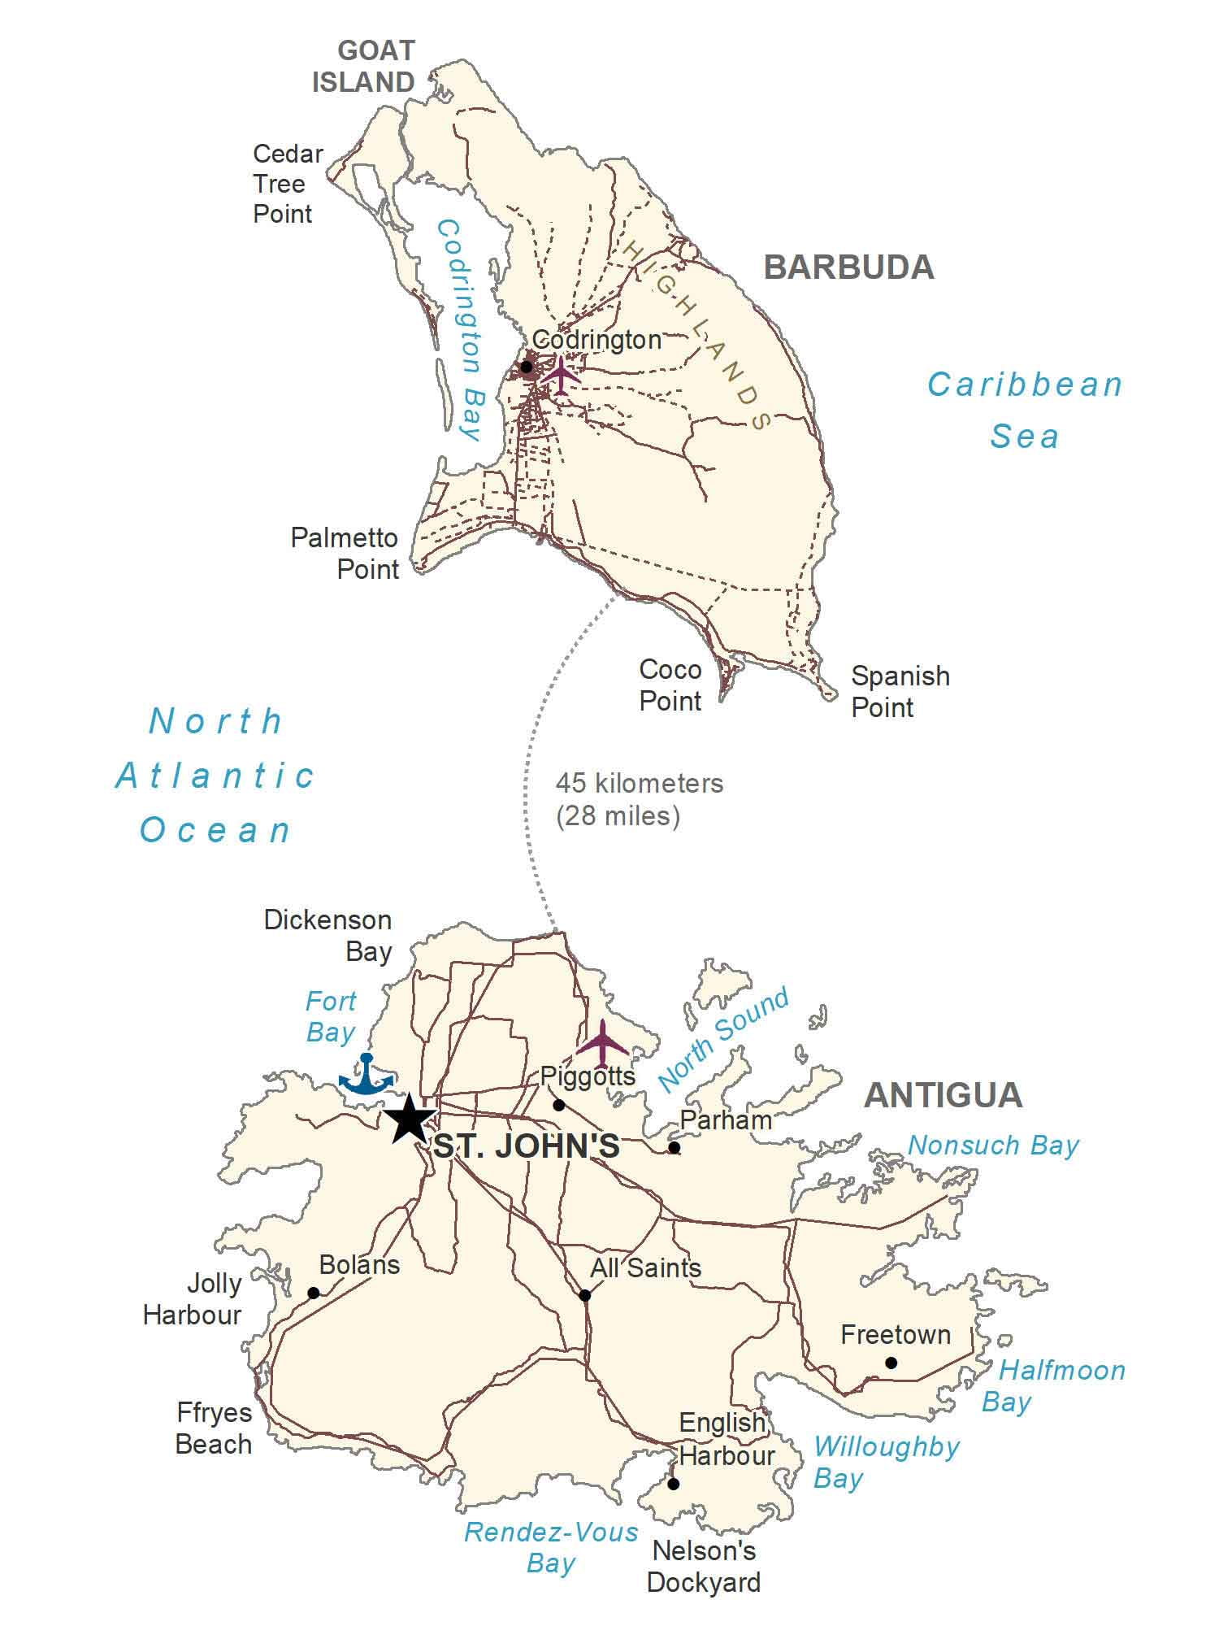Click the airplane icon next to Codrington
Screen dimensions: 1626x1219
(x=562, y=375)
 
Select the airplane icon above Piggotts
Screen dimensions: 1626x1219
(x=602, y=1044)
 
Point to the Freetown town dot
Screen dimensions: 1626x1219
(x=891, y=1363)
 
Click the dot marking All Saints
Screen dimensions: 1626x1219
(x=585, y=1295)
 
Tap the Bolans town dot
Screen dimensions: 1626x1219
(x=314, y=1293)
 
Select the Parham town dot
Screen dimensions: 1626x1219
(x=674, y=1148)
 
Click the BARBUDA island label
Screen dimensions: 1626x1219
(x=848, y=267)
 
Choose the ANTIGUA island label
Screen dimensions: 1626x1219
(x=943, y=1095)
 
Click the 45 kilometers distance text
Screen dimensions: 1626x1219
(x=639, y=784)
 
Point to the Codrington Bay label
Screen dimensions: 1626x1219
(x=458, y=329)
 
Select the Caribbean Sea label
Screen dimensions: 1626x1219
(x=1026, y=410)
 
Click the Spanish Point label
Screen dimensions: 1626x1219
(x=900, y=691)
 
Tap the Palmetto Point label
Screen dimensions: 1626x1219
(x=345, y=553)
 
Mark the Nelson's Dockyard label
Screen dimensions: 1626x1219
(x=704, y=1567)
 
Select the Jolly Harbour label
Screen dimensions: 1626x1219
(x=193, y=1299)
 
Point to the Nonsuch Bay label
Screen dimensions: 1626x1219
(x=993, y=1146)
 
